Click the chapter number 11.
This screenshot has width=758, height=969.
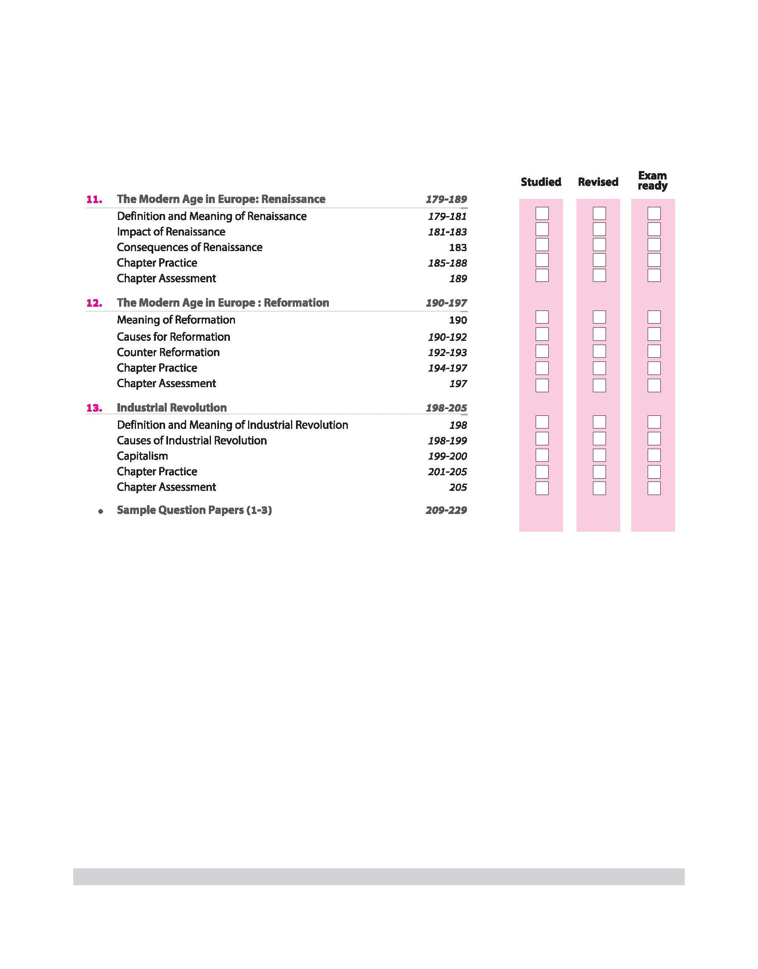click(94, 199)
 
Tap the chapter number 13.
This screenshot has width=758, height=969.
click(94, 408)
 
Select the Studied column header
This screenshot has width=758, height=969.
click(541, 182)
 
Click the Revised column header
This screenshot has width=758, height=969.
click(598, 182)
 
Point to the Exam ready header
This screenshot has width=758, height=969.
click(652, 181)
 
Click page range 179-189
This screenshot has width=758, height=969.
click(446, 199)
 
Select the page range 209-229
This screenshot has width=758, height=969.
click(446, 511)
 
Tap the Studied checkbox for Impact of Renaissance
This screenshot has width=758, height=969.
click(542, 230)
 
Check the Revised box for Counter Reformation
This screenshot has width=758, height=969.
click(599, 351)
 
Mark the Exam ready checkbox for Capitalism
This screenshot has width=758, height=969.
click(654, 455)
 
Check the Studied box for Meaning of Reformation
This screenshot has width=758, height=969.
click(542, 317)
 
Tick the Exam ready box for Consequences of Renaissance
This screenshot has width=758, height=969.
click(654, 245)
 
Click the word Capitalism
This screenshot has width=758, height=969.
click(142, 456)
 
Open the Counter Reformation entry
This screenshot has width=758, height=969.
click(168, 353)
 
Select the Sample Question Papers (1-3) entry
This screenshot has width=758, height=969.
click(194, 510)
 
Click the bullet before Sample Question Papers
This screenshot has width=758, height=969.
click(101, 511)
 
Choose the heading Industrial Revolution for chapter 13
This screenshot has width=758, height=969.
click(172, 407)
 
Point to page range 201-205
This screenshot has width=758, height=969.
click(447, 472)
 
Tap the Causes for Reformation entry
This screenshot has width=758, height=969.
click(173, 337)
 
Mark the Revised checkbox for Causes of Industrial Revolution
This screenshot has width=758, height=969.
click(599, 439)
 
